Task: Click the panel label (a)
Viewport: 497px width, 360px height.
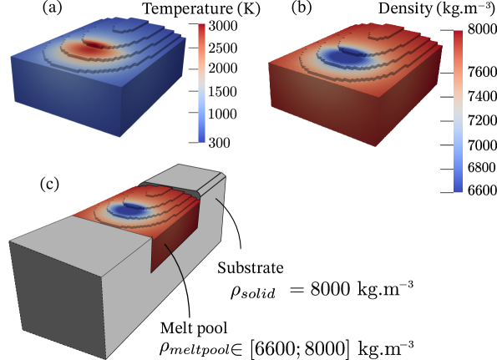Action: click(x=53, y=8)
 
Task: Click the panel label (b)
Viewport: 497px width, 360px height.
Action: click(x=302, y=8)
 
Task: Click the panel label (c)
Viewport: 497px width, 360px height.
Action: click(x=49, y=185)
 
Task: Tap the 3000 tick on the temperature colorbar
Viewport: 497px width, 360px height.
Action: click(x=223, y=26)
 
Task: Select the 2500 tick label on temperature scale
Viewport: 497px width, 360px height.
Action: click(x=223, y=48)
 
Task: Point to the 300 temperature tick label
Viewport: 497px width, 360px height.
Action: click(x=220, y=143)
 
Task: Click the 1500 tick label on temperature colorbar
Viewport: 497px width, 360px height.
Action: click(x=223, y=92)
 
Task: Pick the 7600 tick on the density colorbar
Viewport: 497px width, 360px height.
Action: click(x=482, y=73)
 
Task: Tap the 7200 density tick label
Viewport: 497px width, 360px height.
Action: click(x=482, y=121)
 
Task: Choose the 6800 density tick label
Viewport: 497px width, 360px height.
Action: click(x=482, y=168)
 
